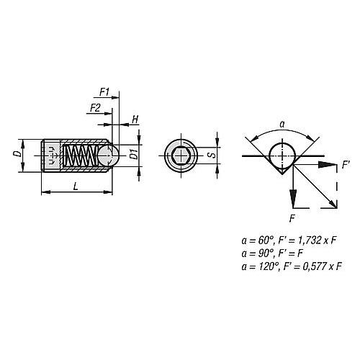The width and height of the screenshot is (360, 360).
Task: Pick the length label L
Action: pyautogui.click(x=76, y=186)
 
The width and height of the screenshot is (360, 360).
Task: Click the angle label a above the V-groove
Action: pyautogui.click(x=282, y=125)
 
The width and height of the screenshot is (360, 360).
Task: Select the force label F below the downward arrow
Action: pyautogui.click(x=292, y=215)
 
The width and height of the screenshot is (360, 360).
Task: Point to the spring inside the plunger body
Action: pyautogui.click(x=78, y=155)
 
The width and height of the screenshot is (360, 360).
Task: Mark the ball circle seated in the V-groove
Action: pyautogui.click(x=282, y=155)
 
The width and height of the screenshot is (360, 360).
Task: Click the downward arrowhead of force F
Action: pyautogui.click(x=292, y=198)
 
